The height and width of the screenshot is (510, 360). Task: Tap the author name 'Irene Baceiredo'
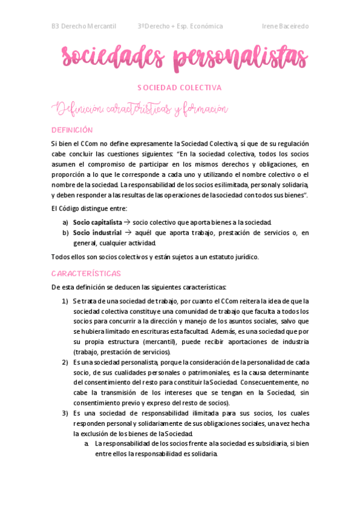285,26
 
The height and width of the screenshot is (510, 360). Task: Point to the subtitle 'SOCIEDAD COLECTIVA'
180,88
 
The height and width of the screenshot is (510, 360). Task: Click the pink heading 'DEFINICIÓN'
72,129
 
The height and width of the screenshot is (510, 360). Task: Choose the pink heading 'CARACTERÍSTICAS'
86,273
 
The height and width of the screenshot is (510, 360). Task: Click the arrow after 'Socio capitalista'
127,222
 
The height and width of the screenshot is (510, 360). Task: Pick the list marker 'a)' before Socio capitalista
65,222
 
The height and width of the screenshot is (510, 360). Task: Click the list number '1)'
65,301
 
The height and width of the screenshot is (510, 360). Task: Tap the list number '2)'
65,362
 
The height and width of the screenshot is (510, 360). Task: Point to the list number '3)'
65,413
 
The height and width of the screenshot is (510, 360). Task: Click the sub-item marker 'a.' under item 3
87,444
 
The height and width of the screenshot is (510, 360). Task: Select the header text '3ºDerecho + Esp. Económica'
180,26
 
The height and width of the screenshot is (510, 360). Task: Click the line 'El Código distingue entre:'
89,209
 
